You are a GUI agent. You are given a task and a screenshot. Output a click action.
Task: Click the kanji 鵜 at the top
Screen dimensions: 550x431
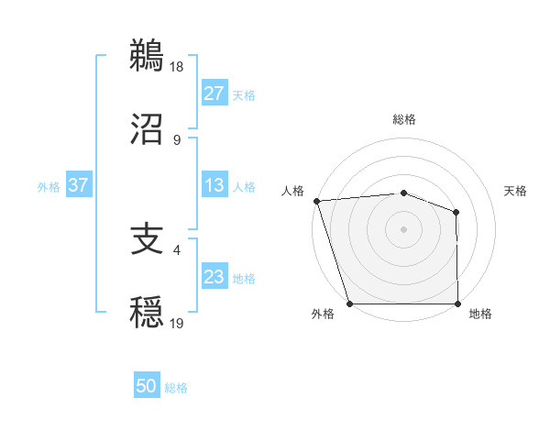point(148,56)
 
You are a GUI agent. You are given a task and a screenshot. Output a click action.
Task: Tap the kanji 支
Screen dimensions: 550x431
point(148,239)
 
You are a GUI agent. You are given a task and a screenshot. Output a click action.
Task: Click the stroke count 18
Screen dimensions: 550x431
point(178,66)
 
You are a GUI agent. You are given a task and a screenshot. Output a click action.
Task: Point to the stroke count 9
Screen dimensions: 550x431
point(176,139)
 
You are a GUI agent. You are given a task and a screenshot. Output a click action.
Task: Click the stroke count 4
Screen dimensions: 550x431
point(176,249)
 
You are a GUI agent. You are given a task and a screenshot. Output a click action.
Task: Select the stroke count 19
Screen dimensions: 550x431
point(178,323)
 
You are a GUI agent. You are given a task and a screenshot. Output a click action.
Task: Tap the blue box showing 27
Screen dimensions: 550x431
point(214,94)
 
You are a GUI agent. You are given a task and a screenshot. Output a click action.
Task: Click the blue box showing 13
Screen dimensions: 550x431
point(214,185)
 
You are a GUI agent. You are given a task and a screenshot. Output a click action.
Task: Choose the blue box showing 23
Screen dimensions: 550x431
point(214,277)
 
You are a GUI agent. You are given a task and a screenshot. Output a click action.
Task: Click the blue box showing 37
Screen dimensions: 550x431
point(79,185)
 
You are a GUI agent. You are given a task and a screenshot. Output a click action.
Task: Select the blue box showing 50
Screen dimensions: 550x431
point(147,386)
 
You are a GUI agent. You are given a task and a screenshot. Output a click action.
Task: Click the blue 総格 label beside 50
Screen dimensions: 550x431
point(176,388)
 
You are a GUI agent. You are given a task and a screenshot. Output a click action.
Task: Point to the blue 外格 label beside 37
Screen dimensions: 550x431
point(49,187)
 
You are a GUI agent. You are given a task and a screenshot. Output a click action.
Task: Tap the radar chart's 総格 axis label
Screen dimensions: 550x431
point(403,119)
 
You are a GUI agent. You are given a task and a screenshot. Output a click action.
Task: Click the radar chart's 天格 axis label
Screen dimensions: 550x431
point(516,191)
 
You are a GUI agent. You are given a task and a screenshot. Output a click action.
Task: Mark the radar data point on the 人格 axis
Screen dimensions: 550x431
point(316,201)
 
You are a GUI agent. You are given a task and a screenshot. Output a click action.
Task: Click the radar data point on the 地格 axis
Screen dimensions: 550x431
point(457,304)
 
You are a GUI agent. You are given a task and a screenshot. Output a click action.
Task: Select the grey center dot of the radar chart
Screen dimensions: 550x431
point(403,228)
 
